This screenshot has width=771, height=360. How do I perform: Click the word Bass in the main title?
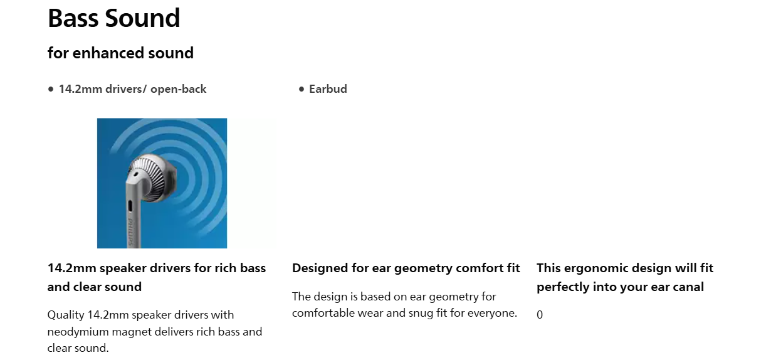[x=73, y=18]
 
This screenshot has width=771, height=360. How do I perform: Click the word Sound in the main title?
[x=142, y=18]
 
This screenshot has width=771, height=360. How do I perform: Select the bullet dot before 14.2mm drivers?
[x=51, y=89]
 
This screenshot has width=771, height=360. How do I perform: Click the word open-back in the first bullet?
[x=178, y=89]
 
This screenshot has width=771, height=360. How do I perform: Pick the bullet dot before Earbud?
[x=302, y=89]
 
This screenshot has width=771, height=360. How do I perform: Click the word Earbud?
[x=328, y=89]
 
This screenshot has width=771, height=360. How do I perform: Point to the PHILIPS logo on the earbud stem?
[x=131, y=231]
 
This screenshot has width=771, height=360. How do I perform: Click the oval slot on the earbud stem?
[x=130, y=206]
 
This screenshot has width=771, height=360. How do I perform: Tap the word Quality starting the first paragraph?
[x=66, y=315]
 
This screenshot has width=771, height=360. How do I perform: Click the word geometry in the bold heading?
[x=423, y=268]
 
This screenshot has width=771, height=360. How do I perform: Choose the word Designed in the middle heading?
[x=320, y=268]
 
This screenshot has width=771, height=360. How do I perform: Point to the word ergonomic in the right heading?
[x=597, y=268]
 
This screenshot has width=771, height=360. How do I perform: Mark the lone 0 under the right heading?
[x=540, y=314]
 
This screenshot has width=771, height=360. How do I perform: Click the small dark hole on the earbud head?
[x=135, y=174]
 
